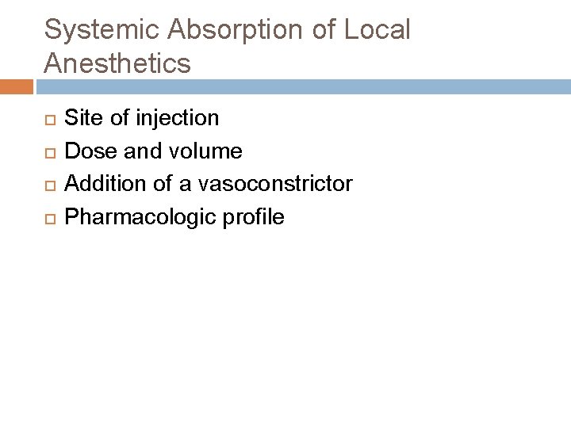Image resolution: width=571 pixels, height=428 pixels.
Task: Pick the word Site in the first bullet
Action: click(x=81, y=119)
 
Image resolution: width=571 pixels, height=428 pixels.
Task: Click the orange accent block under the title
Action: click(x=15, y=85)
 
